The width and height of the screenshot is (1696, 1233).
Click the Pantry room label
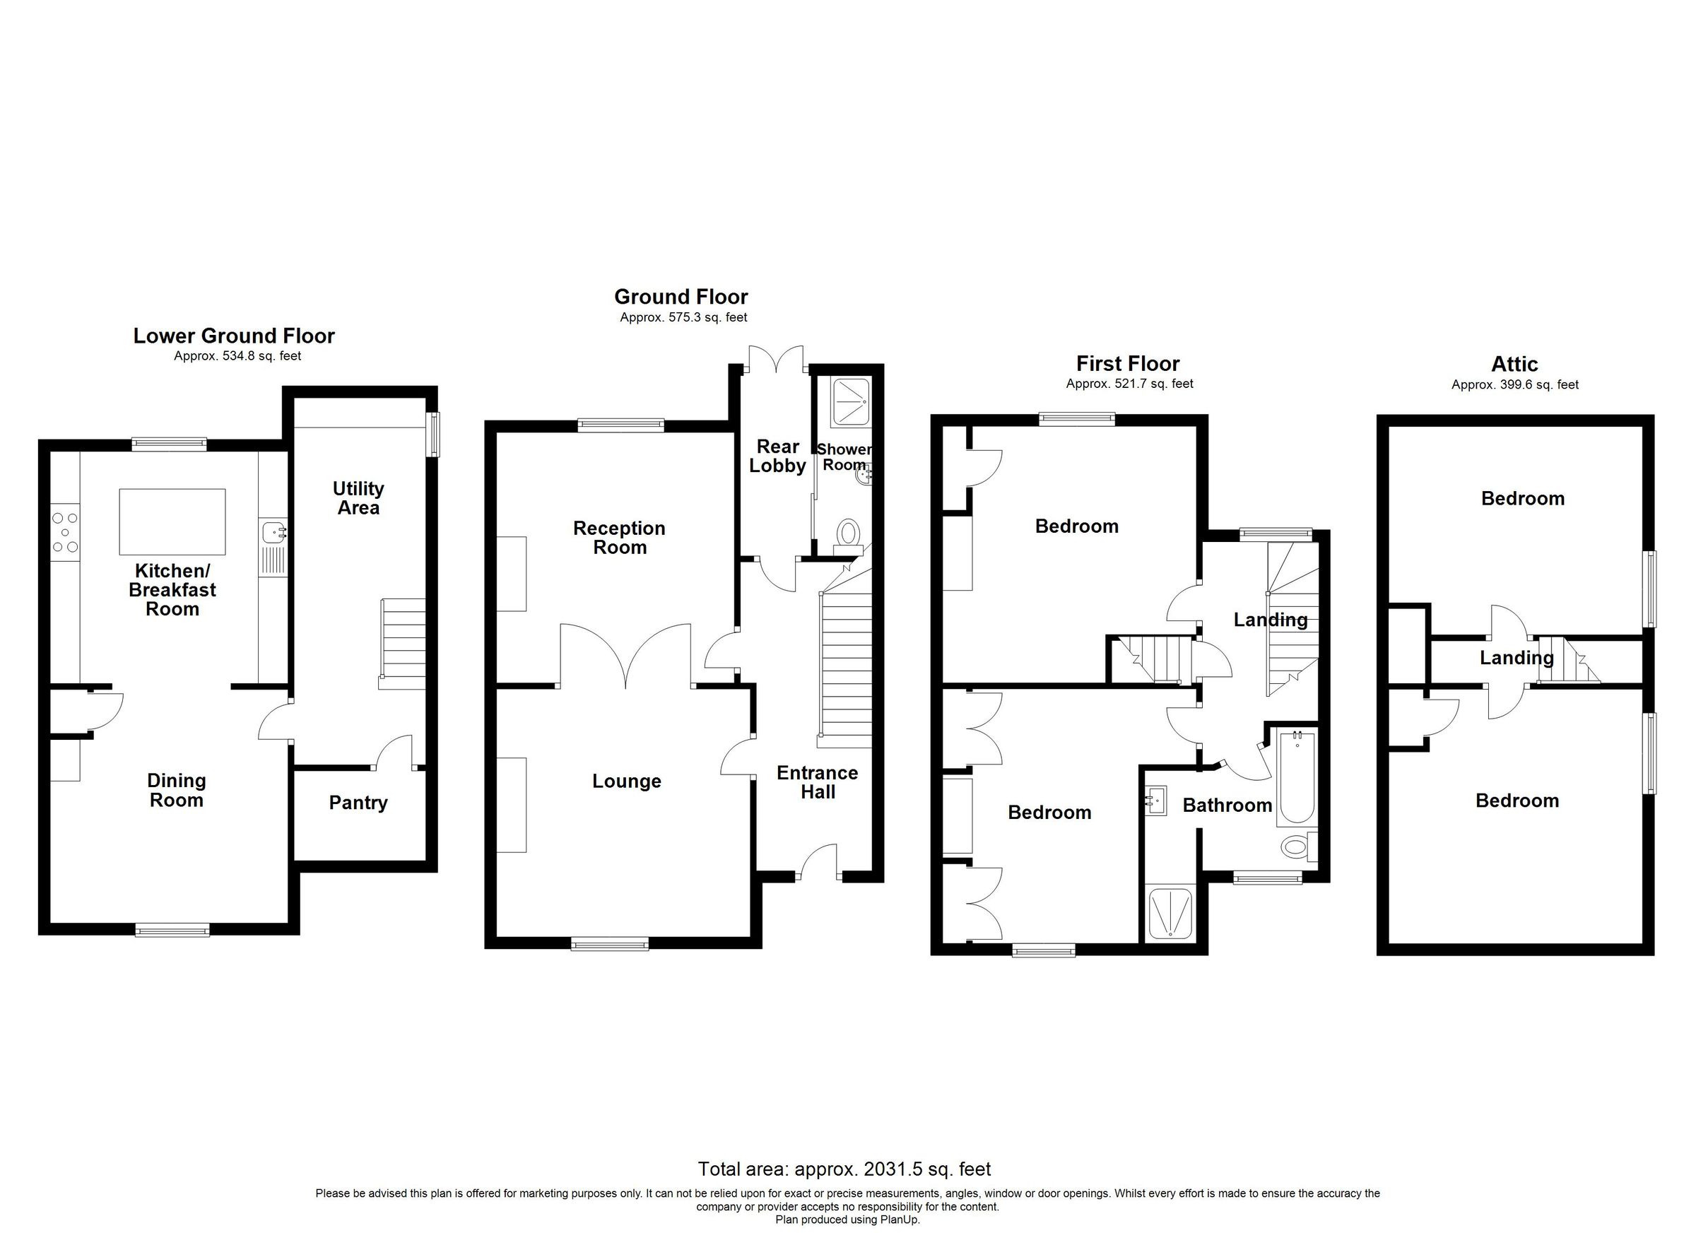[x=358, y=803]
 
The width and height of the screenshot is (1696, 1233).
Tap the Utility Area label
[x=358, y=498]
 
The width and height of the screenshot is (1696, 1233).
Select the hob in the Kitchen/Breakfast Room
[x=65, y=532]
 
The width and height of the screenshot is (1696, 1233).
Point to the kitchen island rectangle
[x=172, y=522]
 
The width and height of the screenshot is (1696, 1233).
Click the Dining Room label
[x=177, y=791]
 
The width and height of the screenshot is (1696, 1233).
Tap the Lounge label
[x=627, y=781]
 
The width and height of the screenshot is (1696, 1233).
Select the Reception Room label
[x=619, y=538]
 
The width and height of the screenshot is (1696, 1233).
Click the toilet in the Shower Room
[x=849, y=534]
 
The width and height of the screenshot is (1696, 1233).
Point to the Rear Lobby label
[x=778, y=456]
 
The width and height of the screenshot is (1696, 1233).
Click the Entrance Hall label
[x=818, y=782]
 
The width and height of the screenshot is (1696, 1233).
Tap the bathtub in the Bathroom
[x=1297, y=778]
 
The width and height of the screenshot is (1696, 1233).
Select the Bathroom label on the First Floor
[x=1227, y=806]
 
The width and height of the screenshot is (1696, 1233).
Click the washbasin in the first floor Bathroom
[x=1155, y=801]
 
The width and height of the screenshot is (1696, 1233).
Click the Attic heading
[x=1514, y=364]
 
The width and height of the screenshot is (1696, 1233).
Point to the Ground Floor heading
[x=681, y=297]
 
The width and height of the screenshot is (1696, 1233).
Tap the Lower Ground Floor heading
[x=234, y=336]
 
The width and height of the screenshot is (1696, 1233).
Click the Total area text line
[x=844, y=1169]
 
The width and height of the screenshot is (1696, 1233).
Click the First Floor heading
[x=1128, y=364]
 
